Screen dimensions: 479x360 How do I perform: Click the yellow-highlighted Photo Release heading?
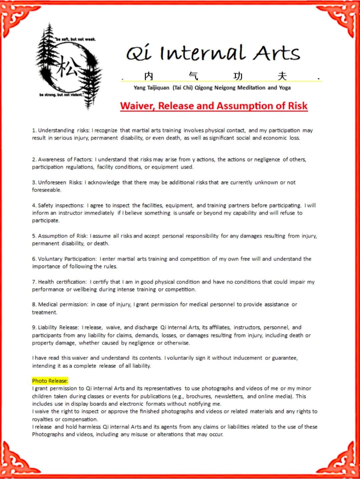coord(50,381)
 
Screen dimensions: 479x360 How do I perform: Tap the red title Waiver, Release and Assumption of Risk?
coord(214,106)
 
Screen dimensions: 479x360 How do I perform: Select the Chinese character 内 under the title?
coord(149,76)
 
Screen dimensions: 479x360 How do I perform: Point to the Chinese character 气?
coord(193,76)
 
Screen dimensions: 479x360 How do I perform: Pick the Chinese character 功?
coord(238,76)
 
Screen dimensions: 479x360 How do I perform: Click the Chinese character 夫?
coord(282,76)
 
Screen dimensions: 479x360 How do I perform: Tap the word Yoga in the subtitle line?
coord(285,88)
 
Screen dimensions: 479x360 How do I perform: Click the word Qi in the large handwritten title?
coord(139,53)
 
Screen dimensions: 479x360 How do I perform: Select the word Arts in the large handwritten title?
coord(277,53)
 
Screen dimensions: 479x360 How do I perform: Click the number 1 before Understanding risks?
coord(34,130)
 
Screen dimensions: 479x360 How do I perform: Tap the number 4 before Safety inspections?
coord(34,205)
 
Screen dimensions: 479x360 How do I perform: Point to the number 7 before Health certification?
coord(34,282)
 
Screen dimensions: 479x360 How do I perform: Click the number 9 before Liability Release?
coord(34,328)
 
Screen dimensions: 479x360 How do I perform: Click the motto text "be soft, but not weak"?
coord(75,39)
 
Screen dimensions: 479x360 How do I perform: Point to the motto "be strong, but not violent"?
coord(61,95)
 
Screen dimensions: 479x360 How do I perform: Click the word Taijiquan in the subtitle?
coord(158,88)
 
